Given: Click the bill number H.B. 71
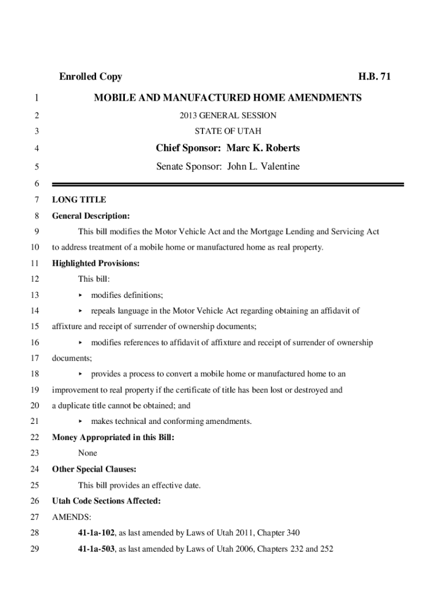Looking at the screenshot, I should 375,77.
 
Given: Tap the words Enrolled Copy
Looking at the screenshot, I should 90,77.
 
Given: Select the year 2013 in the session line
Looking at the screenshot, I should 189,116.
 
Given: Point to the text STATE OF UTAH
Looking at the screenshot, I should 228,131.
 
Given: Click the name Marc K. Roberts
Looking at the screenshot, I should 263,148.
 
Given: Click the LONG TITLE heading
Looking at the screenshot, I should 79,200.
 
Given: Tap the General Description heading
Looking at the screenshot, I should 91,216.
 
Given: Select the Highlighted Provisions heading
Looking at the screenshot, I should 96,263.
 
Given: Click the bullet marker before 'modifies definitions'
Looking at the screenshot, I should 81,295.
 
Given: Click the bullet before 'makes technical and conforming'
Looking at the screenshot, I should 81,422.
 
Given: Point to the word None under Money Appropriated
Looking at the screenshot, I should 87,453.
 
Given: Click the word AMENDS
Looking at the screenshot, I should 67,517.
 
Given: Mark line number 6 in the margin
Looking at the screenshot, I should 36,184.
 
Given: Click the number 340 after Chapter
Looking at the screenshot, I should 293,533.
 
